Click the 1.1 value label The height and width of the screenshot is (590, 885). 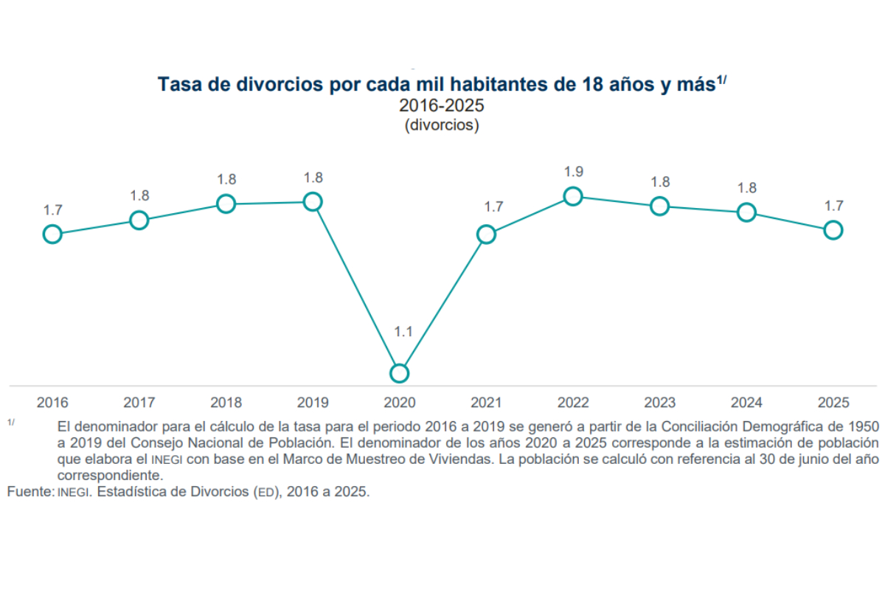click(403, 332)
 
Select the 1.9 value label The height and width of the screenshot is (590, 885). click(574, 172)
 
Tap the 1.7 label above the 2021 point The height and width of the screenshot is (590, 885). click(494, 206)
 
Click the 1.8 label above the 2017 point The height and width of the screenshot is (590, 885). click(140, 195)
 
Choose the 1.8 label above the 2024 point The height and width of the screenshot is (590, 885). click(747, 188)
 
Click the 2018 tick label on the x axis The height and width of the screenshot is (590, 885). click(226, 402)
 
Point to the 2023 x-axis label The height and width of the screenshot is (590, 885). click(660, 402)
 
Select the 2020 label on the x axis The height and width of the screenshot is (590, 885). click(400, 402)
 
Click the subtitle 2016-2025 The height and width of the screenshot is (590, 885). click(441, 105)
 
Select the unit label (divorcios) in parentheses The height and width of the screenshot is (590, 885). click(442, 125)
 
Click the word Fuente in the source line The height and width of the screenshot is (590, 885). click(30, 492)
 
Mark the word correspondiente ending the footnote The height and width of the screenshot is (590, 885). click(110, 476)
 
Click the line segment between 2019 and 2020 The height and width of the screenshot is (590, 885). click(356, 288)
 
